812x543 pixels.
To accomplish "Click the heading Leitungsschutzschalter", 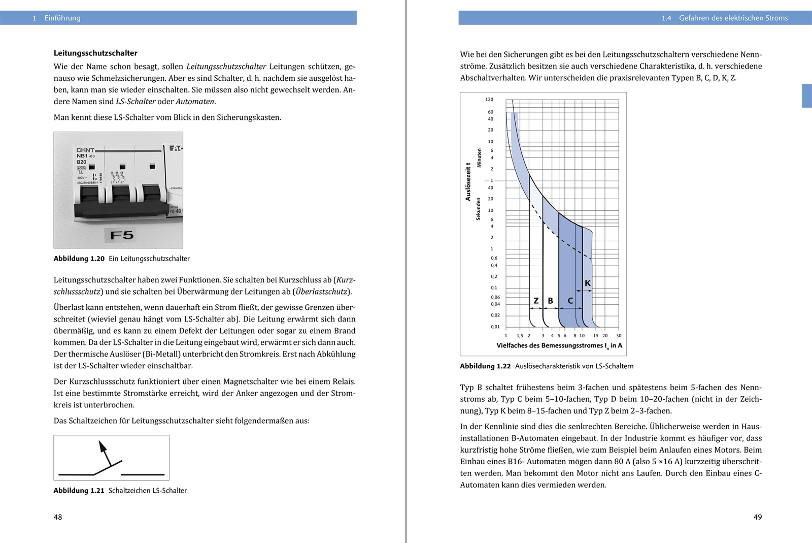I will click(x=95, y=53).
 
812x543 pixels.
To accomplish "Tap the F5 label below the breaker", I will click(x=122, y=235).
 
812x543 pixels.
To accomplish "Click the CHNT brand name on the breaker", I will click(x=85, y=150).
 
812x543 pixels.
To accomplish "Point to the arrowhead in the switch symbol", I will click(x=103, y=446).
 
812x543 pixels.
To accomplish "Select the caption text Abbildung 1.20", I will click(x=79, y=259).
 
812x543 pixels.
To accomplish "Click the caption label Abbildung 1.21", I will click(x=79, y=491).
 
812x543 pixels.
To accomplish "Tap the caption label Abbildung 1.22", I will click(x=485, y=366).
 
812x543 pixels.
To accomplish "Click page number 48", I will click(x=58, y=517).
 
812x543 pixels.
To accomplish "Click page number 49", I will click(x=757, y=517).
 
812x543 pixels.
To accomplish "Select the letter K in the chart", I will click(x=588, y=283).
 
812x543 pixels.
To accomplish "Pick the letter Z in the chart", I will click(x=536, y=301).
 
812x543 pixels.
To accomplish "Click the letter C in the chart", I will click(x=570, y=301).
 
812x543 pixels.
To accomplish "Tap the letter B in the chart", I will click(x=550, y=301).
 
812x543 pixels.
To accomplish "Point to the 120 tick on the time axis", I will click(x=489, y=100).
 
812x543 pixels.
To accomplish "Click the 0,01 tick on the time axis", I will click(x=495, y=327).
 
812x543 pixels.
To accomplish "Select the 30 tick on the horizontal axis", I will click(x=619, y=336).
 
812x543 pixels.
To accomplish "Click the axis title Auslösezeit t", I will click(x=468, y=182).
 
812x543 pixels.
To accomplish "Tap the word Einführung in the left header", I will click(x=62, y=18).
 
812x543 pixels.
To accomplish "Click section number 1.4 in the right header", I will click(x=666, y=18).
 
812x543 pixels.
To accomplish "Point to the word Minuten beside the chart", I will click(x=479, y=158).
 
